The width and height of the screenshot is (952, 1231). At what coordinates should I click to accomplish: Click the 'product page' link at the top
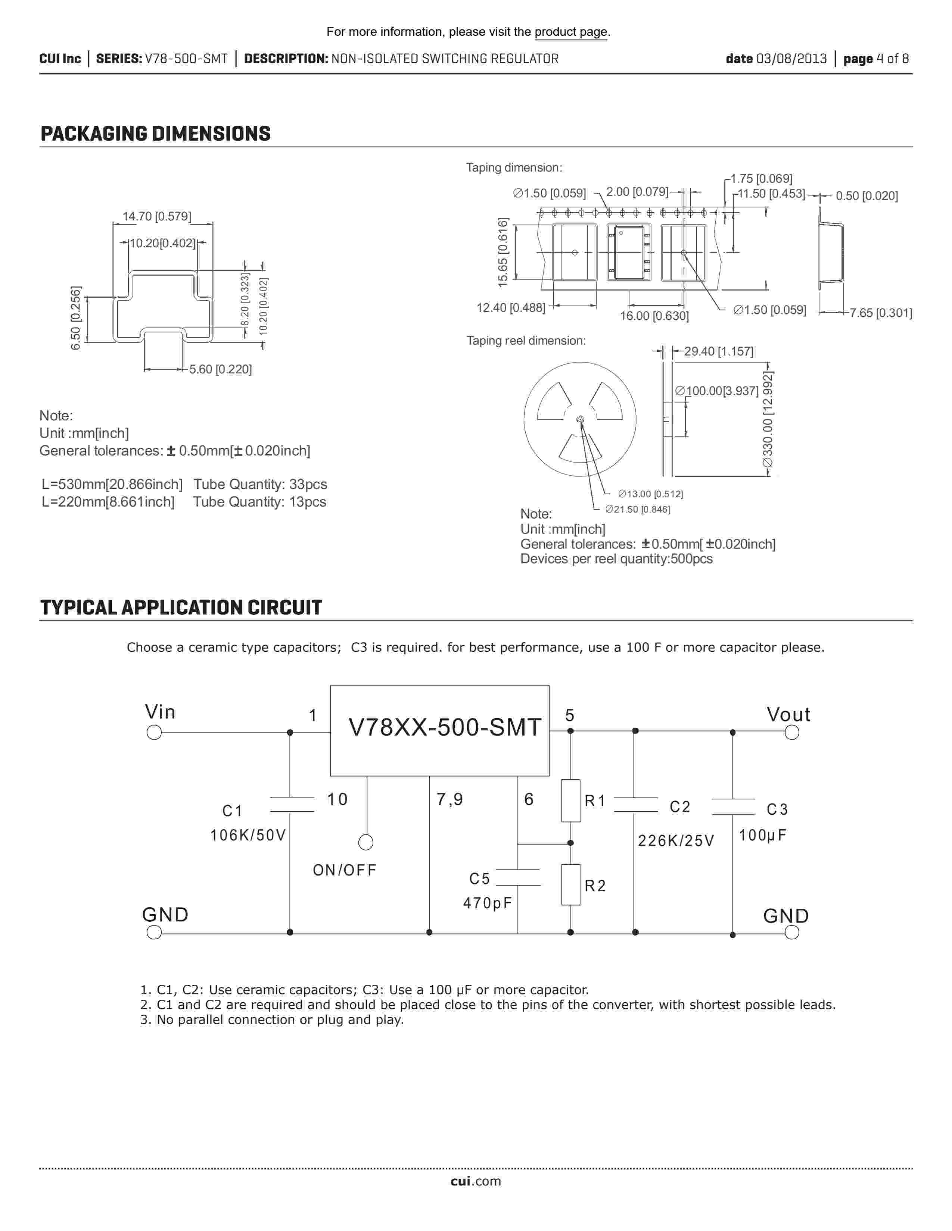click(571, 32)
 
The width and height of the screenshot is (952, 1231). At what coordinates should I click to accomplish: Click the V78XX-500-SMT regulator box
click(439, 730)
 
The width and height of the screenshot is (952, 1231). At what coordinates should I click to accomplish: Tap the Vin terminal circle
click(154, 732)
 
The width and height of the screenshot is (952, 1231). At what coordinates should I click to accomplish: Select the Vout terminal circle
click(792, 732)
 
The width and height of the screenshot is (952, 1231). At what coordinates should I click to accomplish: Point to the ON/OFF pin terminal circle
click(365, 842)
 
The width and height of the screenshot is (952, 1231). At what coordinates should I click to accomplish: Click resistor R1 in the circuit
click(571, 801)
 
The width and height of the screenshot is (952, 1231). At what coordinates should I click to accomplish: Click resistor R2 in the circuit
click(571, 884)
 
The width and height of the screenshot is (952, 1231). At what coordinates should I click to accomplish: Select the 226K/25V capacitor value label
click(676, 841)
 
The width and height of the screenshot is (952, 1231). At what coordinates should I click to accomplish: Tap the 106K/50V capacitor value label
click(248, 835)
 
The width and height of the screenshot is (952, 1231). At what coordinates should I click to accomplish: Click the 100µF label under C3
click(762, 835)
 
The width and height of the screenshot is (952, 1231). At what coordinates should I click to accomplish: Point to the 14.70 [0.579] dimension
click(157, 216)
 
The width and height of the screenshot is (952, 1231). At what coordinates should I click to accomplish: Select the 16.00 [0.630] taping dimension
click(654, 316)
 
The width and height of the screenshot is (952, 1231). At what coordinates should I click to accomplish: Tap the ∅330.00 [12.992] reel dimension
click(768, 420)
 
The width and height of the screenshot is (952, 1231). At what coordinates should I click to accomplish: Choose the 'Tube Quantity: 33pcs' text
click(260, 484)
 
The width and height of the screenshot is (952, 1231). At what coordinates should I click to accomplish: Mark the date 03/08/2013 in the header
click(791, 59)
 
